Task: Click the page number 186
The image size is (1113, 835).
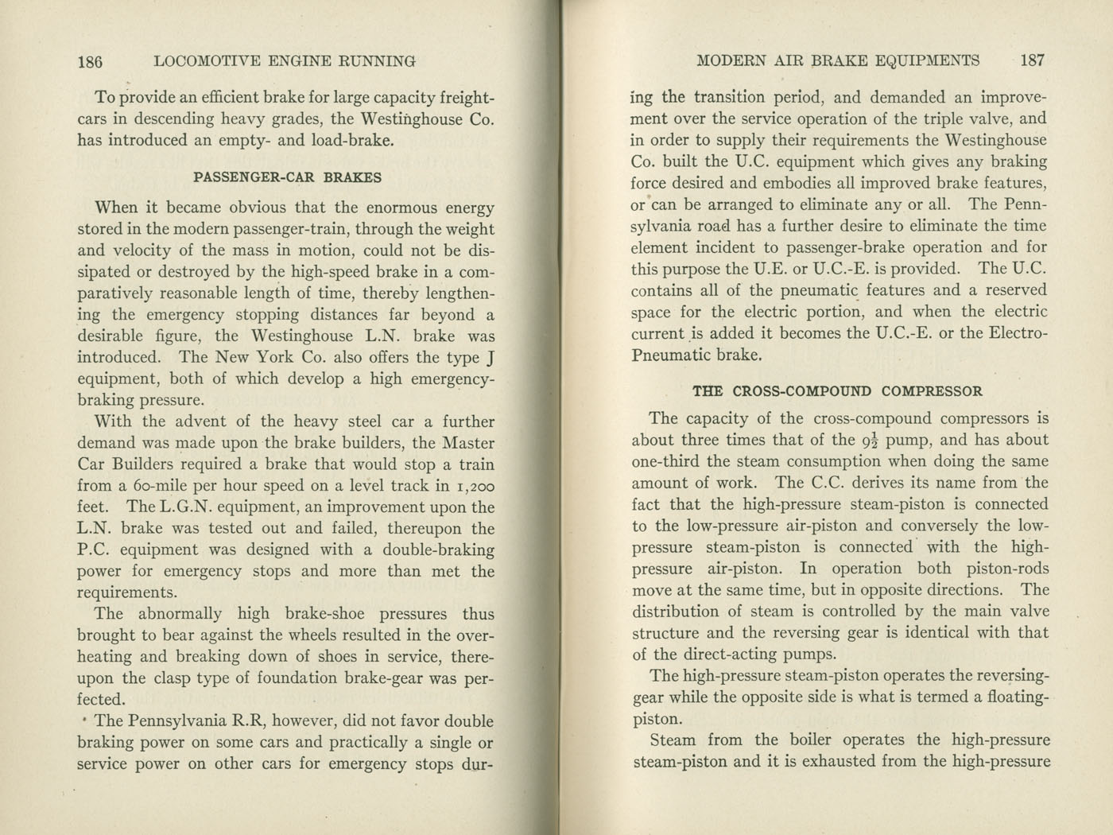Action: click(91, 61)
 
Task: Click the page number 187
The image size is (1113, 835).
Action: click(1032, 60)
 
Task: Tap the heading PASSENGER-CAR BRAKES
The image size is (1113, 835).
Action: click(288, 177)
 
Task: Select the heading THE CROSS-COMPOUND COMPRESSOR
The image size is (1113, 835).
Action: click(837, 391)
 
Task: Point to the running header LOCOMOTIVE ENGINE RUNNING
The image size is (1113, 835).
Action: click(285, 61)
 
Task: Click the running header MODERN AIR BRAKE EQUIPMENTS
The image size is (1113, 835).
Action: click(837, 60)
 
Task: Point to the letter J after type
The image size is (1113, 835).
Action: click(490, 358)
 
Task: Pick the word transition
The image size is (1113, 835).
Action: click(736, 98)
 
